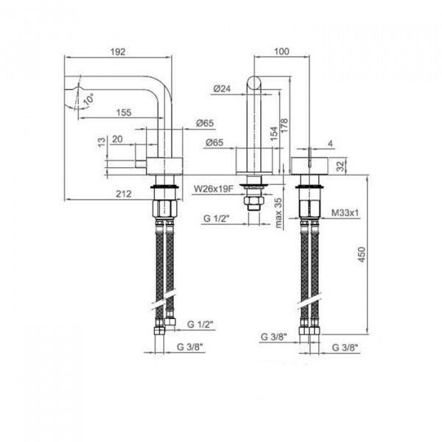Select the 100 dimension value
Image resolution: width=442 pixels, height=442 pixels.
click(281, 52)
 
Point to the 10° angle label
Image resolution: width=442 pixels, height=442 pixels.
click(89, 97)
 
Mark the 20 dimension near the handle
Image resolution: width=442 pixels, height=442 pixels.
click(118, 140)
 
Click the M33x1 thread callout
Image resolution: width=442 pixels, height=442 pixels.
click(344, 213)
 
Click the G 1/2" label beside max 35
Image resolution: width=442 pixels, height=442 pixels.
click(217, 219)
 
